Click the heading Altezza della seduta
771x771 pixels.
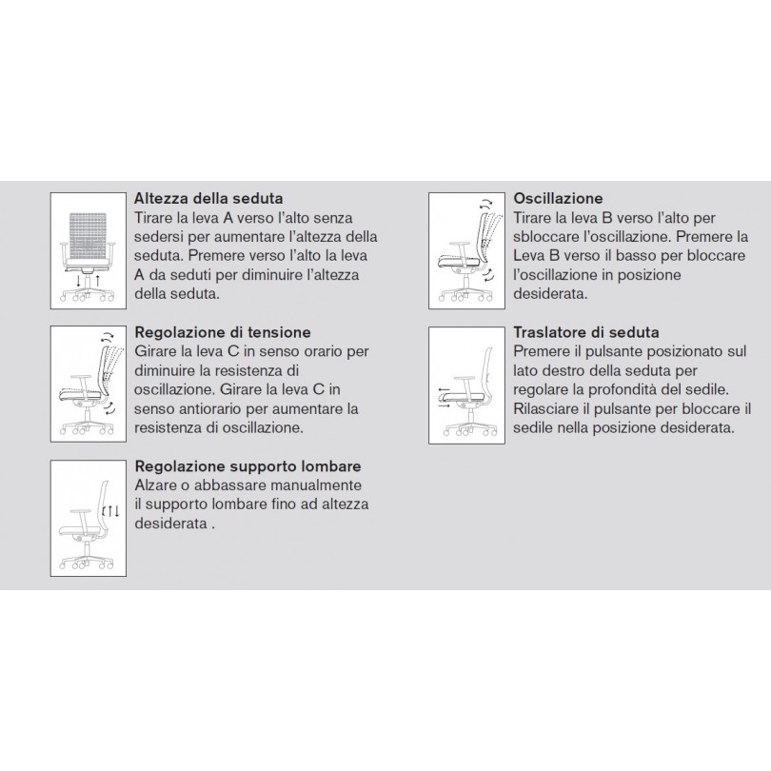click(208, 199)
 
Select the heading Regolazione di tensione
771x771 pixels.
click(223, 333)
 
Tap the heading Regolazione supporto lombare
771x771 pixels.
click(247, 466)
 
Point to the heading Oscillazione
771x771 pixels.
click(558, 199)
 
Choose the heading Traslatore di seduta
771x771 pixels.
click(585, 333)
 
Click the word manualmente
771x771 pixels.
click(312, 484)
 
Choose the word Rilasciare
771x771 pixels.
click(548, 409)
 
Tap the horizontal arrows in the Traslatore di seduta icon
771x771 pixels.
click(444, 396)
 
